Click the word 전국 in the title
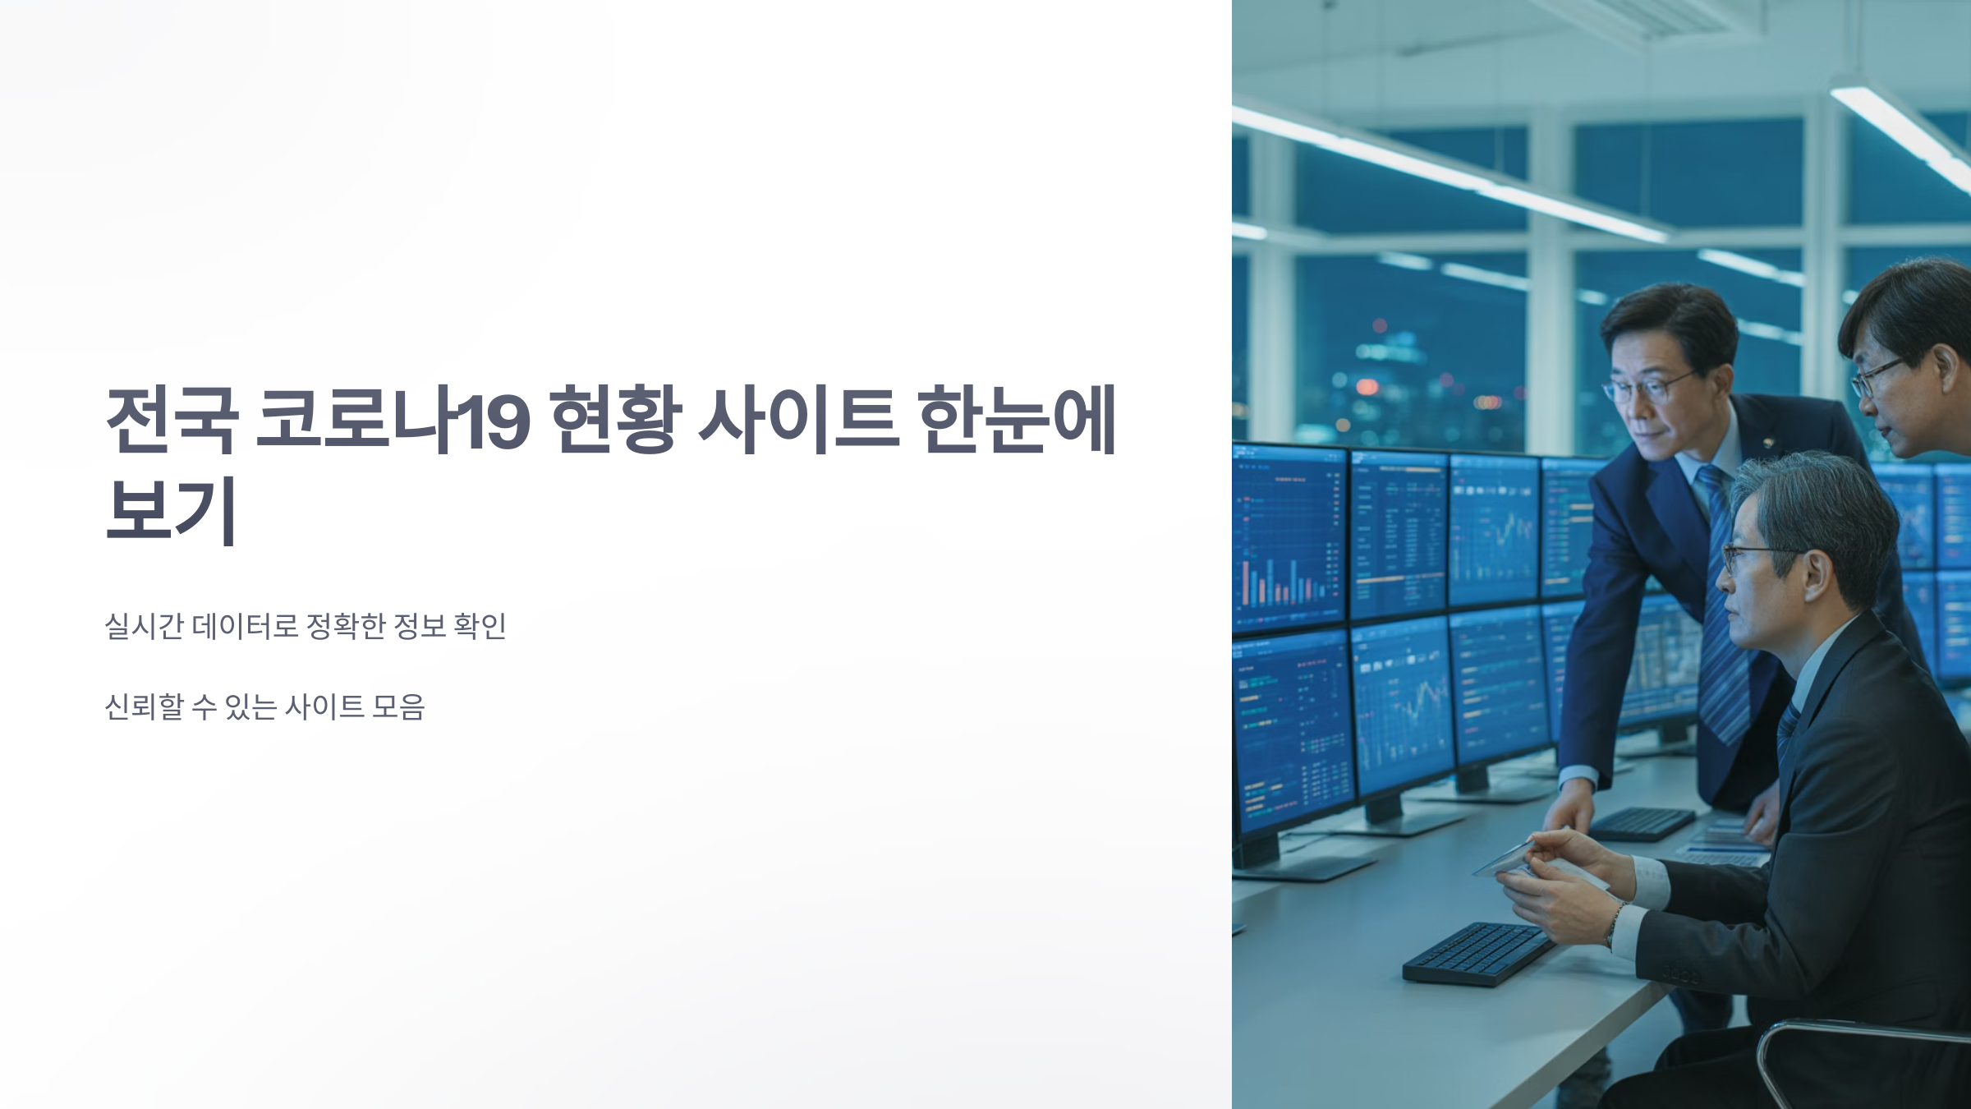(172, 420)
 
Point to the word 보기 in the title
(172, 510)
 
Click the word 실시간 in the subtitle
(144, 626)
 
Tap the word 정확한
(345, 626)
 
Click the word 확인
(480, 626)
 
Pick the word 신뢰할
(144, 706)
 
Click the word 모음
(398, 706)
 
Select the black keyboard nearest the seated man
(1478, 953)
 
